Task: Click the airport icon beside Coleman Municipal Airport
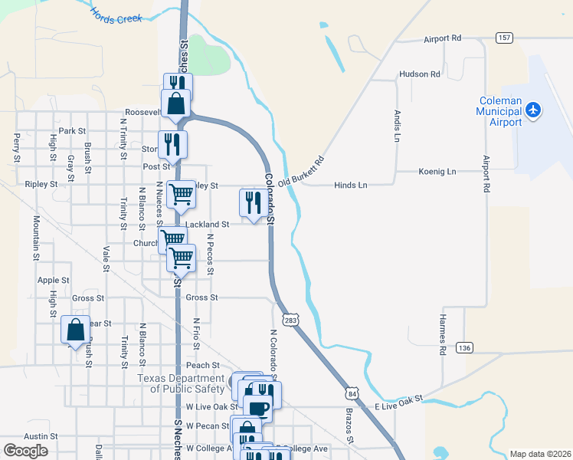click(534, 110)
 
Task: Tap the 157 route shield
click(505, 38)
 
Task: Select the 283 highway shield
click(290, 318)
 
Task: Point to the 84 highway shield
click(351, 393)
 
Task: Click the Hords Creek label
click(116, 15)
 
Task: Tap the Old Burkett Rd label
click(302, 172)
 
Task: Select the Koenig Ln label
click(437, 172)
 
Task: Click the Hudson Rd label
click(419, 74)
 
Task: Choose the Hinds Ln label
click(351, 185)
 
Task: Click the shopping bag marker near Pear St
click(76, 331)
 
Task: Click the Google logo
click(25, 451)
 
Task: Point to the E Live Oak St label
click(398, 401)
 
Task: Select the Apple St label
click(54, 281)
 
